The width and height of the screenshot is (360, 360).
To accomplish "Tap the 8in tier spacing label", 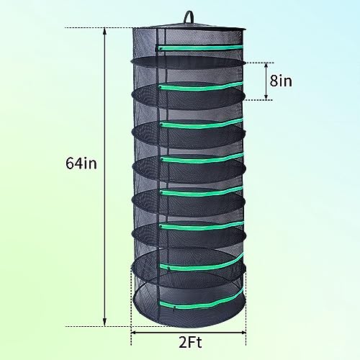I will click(x=281, y=81).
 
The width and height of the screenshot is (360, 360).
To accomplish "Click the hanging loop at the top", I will click(x=189, y=16).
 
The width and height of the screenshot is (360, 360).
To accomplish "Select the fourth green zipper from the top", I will click(x=202, y=157).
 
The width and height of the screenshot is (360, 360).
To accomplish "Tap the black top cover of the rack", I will click(x=189, y=28).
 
